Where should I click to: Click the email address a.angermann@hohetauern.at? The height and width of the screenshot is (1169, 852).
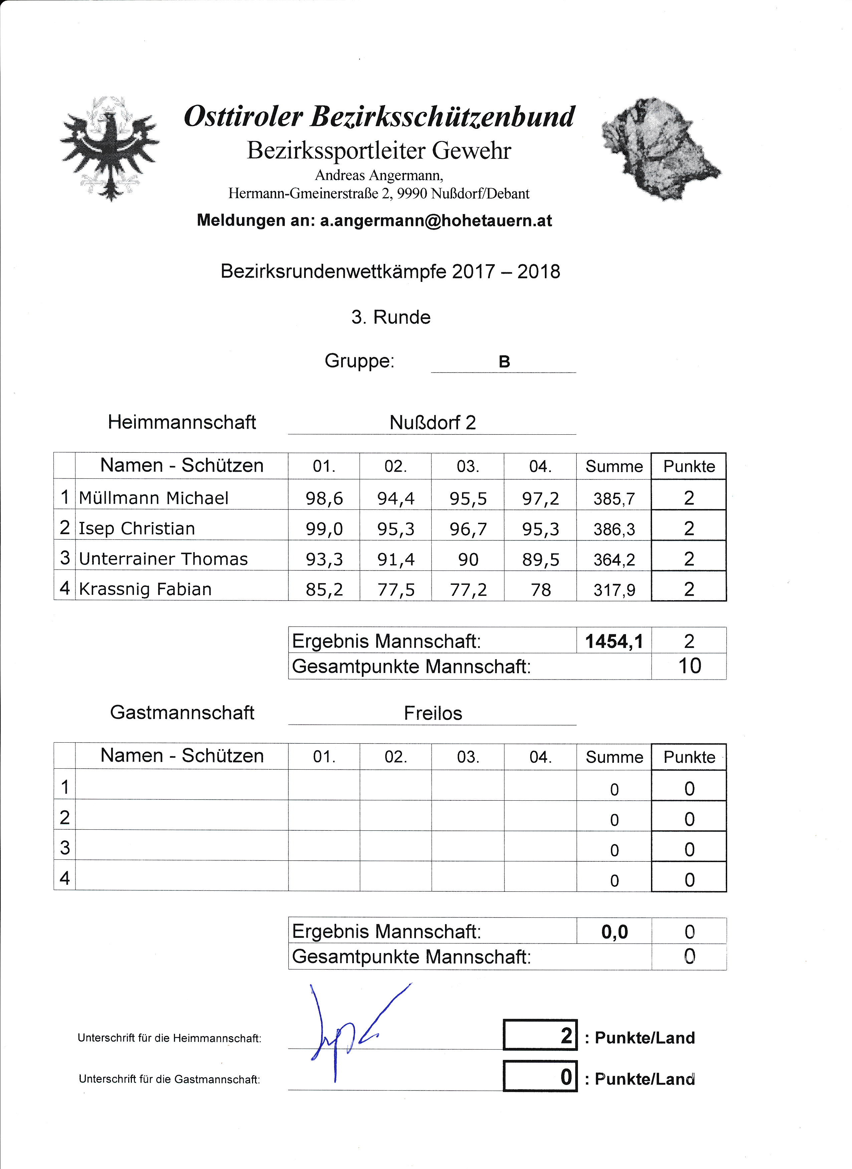pyautogui.click(x=436, y=221)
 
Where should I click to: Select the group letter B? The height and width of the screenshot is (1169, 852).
pyautogui.click(x=504, y=362)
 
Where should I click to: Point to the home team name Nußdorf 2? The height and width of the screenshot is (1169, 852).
pyautogui.click(x=432, y=423)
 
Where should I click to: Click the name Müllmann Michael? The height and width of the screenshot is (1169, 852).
pyautogui.click(x=153, y=498)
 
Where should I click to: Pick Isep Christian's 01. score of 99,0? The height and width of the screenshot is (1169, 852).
pyautogui.click(x=324, y=529)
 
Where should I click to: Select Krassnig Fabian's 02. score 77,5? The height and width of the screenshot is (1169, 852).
pyautogui.click(x=396, y=590)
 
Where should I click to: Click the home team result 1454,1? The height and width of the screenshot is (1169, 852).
pyautogui.click(x=614, y=642)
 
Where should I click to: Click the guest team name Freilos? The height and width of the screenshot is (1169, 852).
pyautogui.click(x=433, y=713)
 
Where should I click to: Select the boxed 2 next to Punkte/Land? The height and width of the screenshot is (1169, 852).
pyautogui.click(x=566, y=1036)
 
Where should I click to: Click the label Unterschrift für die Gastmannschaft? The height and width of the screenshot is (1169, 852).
pyautogui.click(x=169, y=1079)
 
